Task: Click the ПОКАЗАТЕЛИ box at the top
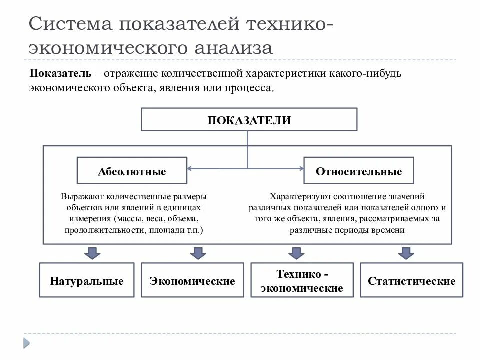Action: [249, 120]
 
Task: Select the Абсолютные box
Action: [132, 171]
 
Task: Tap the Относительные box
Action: [359, 171]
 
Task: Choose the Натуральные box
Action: [86, 280]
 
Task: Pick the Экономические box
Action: [192, 280]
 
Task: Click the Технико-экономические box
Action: [302, 280]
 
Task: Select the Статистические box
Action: [411, 280]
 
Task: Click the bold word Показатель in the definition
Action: [60, 74]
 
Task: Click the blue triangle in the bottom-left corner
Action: [26, 343]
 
